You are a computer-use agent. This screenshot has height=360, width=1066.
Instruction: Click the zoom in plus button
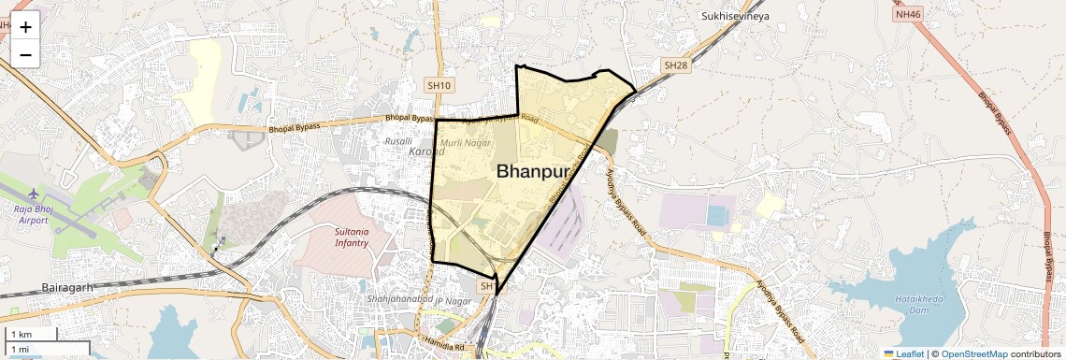25,27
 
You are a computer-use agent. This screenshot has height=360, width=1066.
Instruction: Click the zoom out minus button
25,55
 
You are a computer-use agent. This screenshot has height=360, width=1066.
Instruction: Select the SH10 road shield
439,85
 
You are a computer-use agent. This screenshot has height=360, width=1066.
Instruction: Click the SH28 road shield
675,65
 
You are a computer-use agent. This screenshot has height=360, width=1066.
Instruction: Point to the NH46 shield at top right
905,14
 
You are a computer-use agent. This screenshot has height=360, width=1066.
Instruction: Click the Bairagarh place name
67,287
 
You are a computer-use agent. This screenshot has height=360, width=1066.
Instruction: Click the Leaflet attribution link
904,353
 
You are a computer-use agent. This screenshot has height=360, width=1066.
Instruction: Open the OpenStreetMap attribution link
973,353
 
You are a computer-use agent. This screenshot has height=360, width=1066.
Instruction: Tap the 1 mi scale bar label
20,350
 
